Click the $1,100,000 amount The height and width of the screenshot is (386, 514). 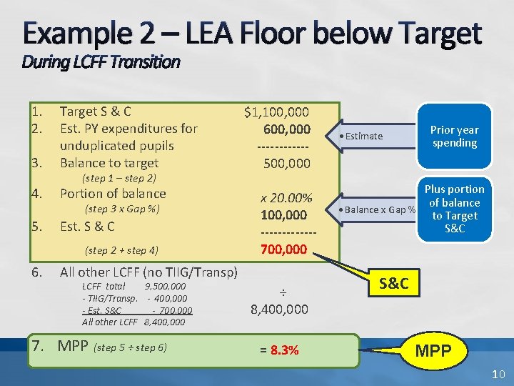click(276, 112)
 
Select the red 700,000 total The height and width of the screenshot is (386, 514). click(284, 250)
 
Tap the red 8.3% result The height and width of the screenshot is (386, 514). click(279, 350)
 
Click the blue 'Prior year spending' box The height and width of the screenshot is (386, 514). click(455, 136)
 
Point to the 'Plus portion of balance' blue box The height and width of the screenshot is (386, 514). click(455, 209)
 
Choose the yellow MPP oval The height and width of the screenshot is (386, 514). click(433, 350)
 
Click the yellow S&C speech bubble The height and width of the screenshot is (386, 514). click(394, 284)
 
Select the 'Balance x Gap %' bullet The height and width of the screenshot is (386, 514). click(379, 209)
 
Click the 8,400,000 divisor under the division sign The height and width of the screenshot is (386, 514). click(279, 310)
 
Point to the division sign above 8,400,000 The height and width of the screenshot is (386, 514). click(282, 292)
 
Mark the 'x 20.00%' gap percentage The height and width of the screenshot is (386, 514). click(286, 198)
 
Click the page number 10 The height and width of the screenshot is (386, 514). click(498, 375)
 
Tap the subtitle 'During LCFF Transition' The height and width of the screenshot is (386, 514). click(101, 62)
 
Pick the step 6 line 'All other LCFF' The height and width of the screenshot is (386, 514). click(148, 272)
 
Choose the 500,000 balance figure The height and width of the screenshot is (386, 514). click(287, 164)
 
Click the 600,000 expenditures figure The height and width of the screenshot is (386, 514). click(287, 129)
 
